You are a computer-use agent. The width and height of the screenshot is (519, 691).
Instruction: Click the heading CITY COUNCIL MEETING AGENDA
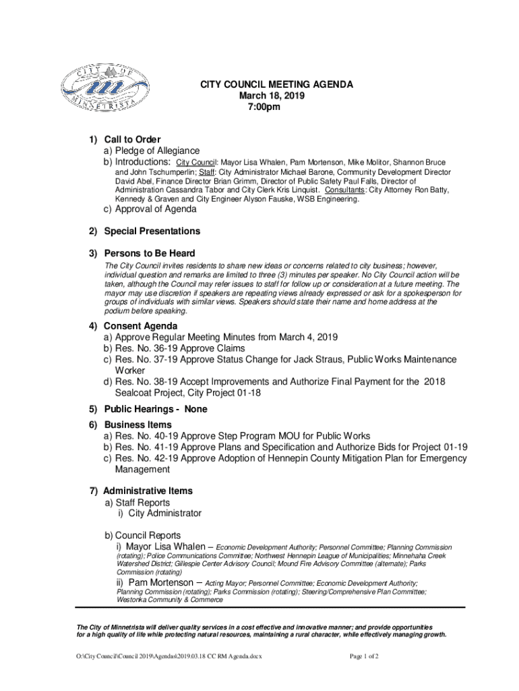(x=275, y=85)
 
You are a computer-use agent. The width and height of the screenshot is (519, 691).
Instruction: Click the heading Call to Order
(x=132, y=140)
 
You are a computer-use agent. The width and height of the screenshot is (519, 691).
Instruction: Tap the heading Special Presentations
(x=152, y=231)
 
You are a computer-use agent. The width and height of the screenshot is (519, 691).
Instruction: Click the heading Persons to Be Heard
(x=150, y=253)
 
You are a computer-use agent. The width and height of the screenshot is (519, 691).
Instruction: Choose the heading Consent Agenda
(x=141, y=326)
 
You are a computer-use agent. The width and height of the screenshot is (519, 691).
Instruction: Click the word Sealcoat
(x=136, y=393)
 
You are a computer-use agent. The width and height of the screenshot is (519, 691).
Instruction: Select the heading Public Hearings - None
(x=156, y=410)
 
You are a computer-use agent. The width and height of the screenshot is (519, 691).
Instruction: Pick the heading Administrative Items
(x=148, y=491)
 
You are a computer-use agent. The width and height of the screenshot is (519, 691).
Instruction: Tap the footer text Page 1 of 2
(x=365, y=656)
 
